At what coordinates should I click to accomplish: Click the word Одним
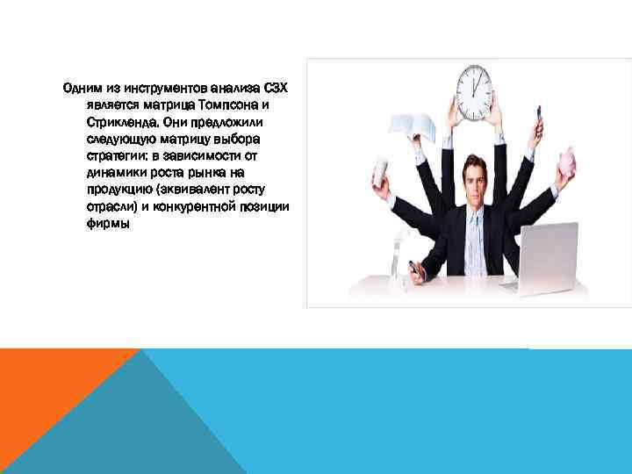81,89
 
